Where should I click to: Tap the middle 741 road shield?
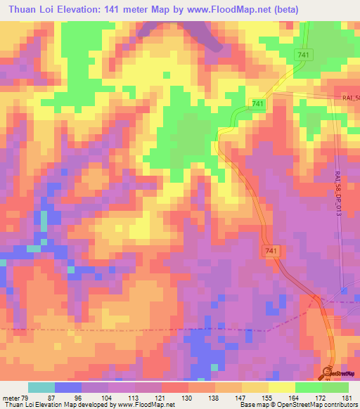(x=257, y=104)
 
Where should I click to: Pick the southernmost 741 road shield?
(x=272, y=250)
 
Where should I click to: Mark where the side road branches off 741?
(x=273, y=92)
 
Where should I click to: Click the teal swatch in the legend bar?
(x=41, y=387)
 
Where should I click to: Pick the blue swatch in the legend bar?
(x=67, y=387)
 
